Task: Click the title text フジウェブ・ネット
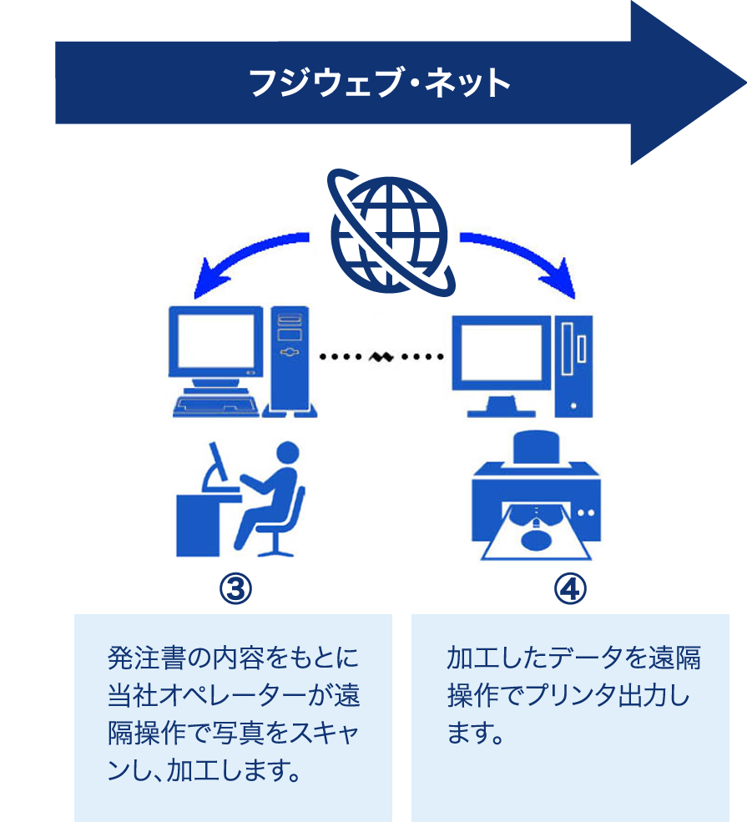tap(380, 83)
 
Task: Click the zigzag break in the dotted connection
tap(381, 357)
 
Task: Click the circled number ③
tap(235, 589)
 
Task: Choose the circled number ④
tap(571, 589)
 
